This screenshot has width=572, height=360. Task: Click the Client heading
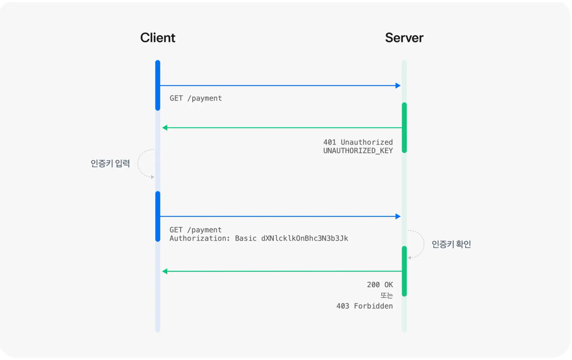158,38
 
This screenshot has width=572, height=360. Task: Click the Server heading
404,38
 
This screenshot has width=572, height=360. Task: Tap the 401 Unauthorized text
358,142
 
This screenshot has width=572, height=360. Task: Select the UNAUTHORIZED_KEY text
358,151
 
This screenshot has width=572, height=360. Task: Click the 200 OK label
380,285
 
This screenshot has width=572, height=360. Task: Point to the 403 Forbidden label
364,306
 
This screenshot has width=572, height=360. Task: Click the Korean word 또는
387,295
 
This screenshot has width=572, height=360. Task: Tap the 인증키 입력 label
110,163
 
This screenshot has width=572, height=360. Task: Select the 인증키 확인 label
451,244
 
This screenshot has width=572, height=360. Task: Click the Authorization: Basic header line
259,238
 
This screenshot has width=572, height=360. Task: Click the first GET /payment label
196,98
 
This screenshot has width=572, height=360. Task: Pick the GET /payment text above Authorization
196,230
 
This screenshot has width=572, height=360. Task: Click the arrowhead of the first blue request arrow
398,85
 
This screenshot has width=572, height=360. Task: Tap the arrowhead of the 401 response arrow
165,128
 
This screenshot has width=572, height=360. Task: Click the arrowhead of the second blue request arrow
398,217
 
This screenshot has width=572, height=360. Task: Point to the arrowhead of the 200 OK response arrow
165,271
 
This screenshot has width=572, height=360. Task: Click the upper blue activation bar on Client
158,85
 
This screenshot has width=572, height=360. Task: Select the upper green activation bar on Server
404,128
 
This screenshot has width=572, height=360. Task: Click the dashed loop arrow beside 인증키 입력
138,163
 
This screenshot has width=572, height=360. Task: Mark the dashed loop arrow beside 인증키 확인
424,244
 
